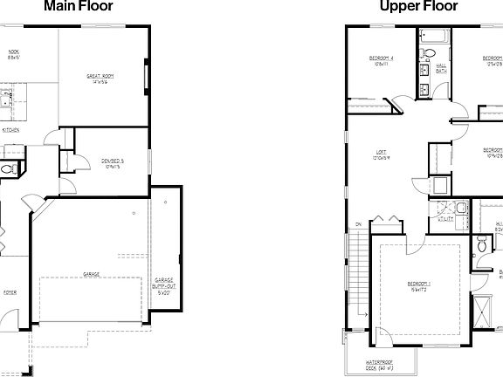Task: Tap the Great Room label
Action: click(x=102, y=79)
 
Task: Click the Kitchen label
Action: click(x=10, y=130)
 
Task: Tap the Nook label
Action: click(x=12, y=54)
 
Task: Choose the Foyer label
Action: click(x=9, y=292)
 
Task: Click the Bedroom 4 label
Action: click(x=381, y=60)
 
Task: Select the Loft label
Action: click(x=381, y=154)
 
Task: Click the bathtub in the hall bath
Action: click(x=434, y=38)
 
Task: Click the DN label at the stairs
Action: click(x=358, y=225)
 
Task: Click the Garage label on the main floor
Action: click(x=91, y=274)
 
